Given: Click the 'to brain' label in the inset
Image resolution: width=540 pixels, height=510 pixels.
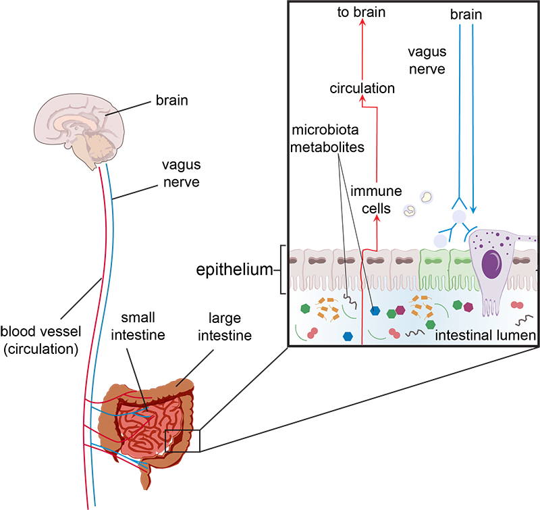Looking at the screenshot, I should click(x=361, y=11).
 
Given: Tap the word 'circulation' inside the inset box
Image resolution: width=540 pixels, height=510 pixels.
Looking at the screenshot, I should click(x=362, y=88).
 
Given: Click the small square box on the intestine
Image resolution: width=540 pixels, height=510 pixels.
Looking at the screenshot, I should click(x=183, y=439).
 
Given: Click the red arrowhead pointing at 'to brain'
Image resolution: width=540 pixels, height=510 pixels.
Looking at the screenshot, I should click(x=362, y=23).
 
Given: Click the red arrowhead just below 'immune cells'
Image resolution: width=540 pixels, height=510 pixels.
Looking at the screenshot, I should click(x=377, y=218).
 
